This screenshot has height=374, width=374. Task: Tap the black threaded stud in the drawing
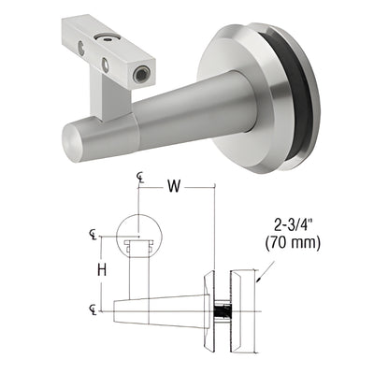point(223,309)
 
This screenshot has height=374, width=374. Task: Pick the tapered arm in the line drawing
point(164,309)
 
